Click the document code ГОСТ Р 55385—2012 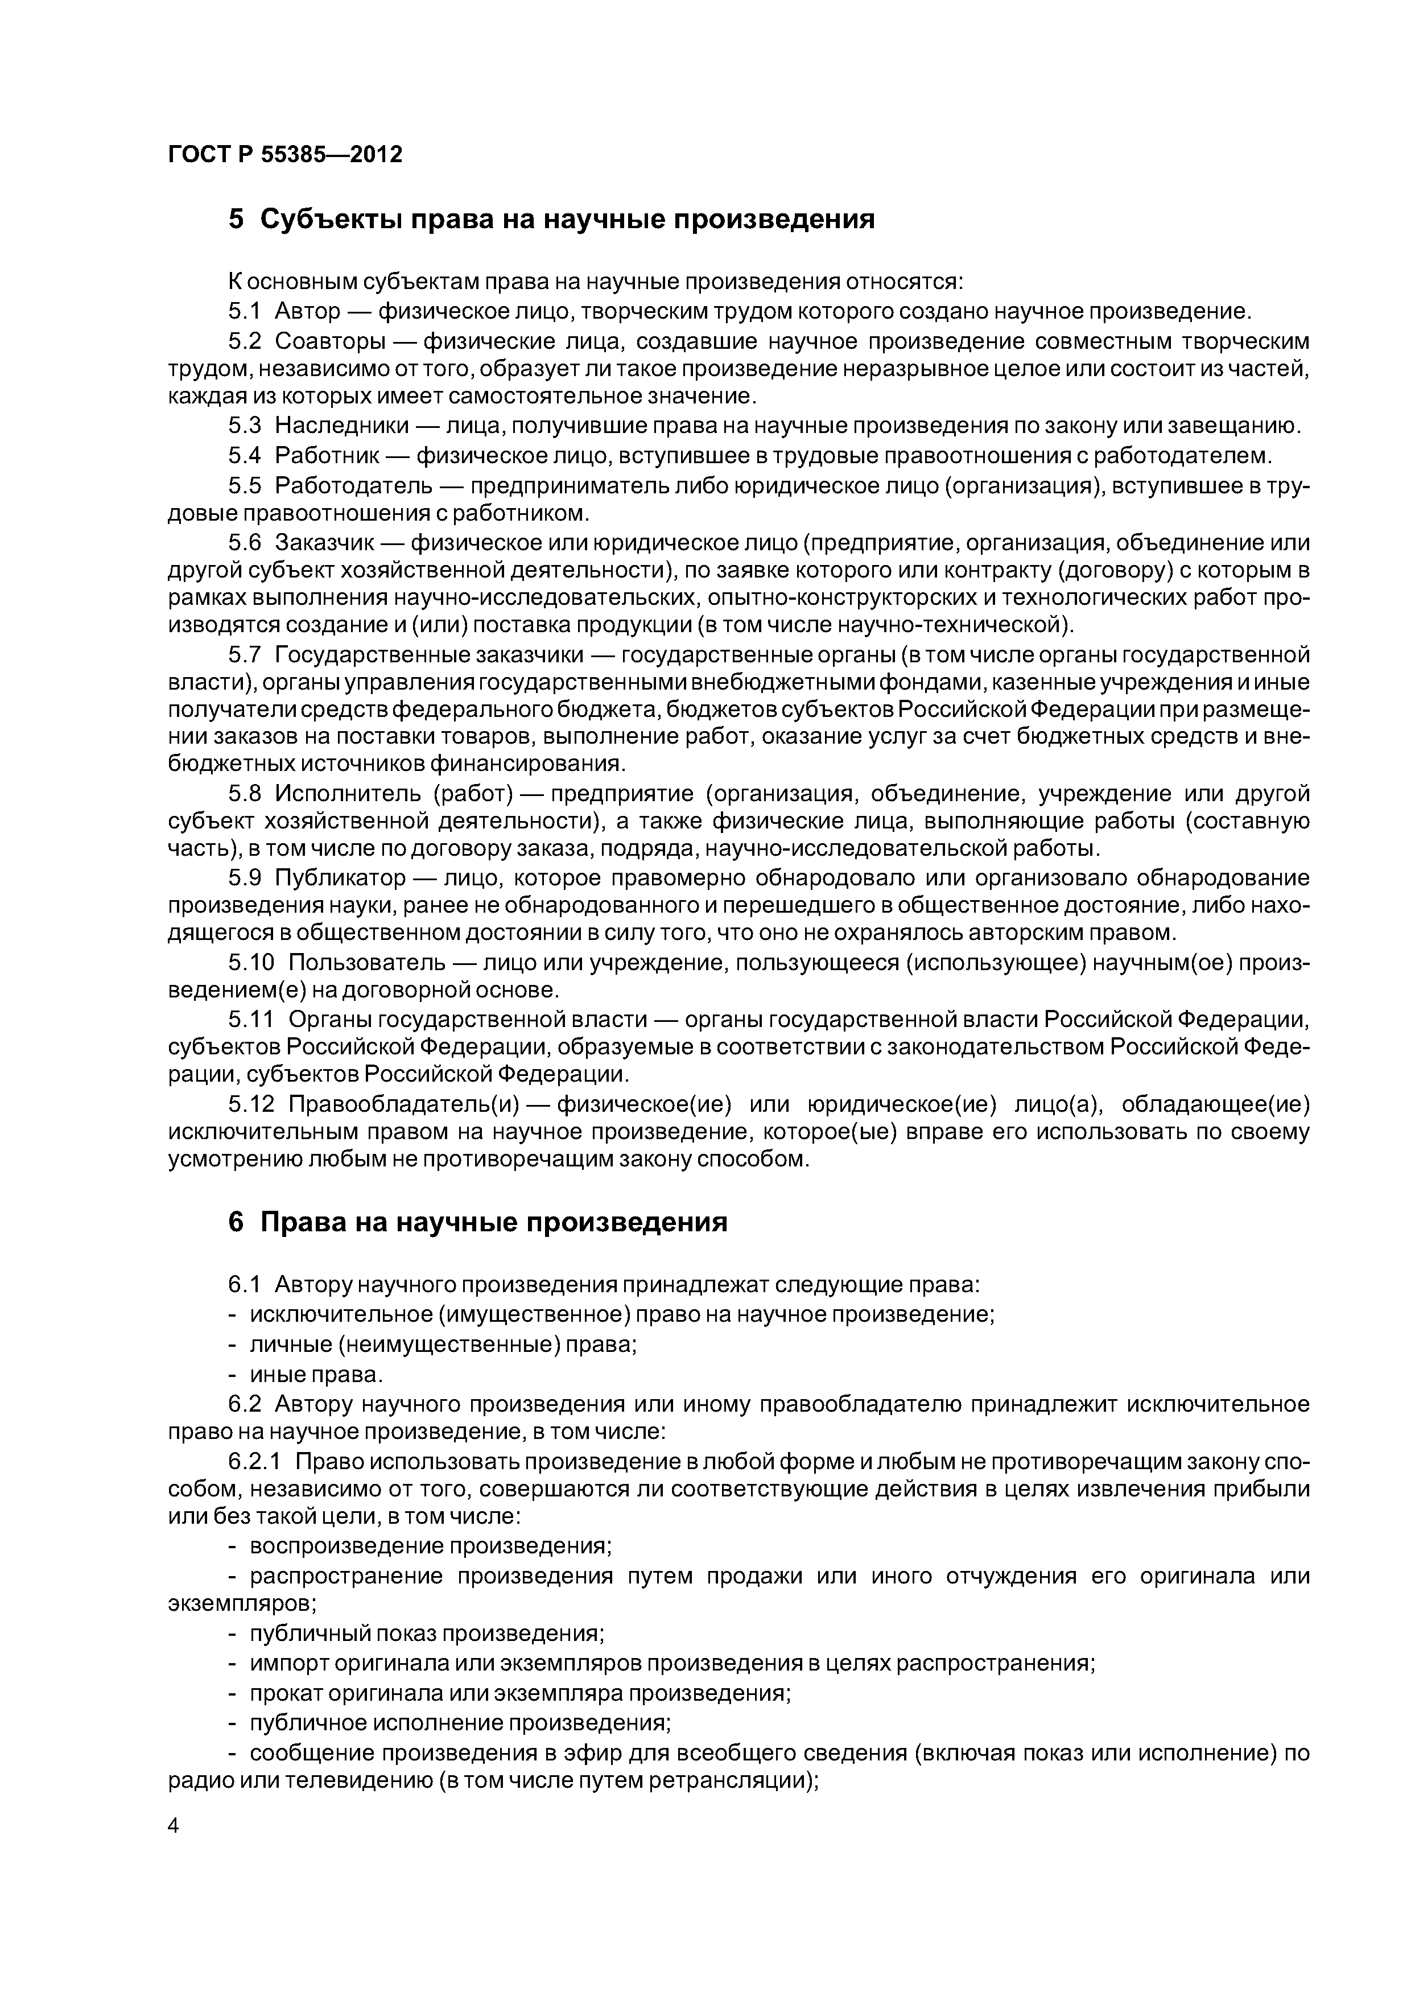pos(285,155)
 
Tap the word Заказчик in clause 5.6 pos(324,542)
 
